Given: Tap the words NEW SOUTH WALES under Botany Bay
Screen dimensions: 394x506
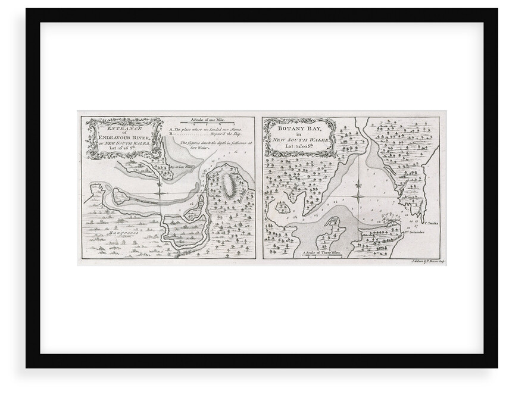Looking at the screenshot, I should [298, 138].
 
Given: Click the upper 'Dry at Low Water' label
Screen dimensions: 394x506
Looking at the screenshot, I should [179, 168].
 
